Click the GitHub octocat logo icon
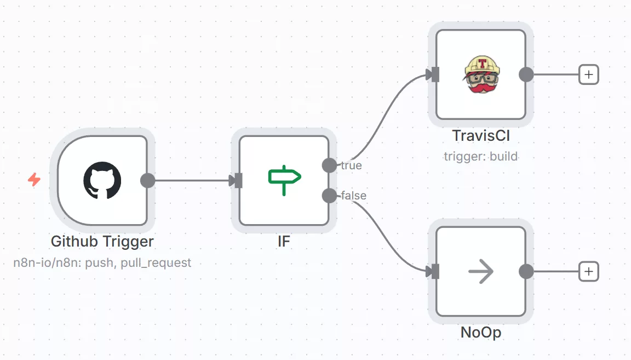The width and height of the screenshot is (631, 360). coord(102,180)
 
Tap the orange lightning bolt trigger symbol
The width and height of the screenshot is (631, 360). coord(35,180)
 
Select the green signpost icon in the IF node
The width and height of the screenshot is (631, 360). coord(284,180)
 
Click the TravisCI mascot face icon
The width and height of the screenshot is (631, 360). coord(481,75)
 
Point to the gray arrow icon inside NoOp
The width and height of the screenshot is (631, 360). coord(481,272)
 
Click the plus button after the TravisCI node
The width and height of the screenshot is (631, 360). coord(589,75)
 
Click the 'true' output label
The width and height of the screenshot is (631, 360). coord(351,165)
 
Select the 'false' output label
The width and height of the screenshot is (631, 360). coord(353,196)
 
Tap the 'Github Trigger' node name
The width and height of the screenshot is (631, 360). coord(102,241)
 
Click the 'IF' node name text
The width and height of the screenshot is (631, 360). coord(284,241)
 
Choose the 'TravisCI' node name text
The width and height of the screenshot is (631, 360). coord(481,135)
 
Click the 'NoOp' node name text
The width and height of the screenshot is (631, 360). coord(481,333)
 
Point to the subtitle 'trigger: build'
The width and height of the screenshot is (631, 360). coord(481,156)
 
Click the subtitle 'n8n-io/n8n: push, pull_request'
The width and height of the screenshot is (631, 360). coord(102,262)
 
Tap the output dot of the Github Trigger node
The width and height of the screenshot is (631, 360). coord(148,180)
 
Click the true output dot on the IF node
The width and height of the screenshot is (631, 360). coord(329,165)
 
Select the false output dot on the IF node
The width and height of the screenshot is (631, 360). coord(329,196)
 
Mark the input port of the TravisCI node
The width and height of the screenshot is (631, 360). coord(435,75)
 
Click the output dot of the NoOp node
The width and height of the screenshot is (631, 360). coord(526,272)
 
